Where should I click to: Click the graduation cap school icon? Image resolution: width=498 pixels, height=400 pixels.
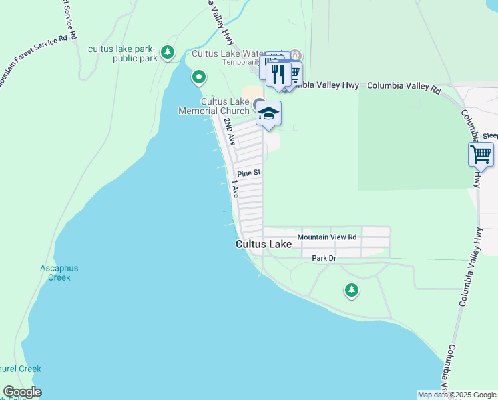269,114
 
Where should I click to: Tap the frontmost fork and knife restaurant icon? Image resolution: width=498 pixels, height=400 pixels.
279,73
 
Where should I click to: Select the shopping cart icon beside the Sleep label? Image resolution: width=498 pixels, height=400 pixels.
481,155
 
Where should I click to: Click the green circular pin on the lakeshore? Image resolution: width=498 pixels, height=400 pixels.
198,79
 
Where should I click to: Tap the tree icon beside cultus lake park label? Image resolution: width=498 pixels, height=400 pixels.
168,51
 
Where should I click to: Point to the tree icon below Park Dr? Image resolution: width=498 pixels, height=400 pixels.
352,290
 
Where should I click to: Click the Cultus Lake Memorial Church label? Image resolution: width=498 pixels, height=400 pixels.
213,106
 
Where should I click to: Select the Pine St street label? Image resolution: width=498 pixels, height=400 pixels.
249,173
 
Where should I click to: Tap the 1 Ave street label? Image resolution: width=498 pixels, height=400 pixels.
235,188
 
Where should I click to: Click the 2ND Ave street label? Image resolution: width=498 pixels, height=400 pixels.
230,132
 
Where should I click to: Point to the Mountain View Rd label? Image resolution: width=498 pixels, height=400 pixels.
327,237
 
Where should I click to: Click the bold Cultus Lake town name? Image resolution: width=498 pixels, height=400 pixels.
264,245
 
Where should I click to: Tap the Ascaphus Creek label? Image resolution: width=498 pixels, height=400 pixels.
59,273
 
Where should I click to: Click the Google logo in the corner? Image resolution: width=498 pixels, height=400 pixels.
22,392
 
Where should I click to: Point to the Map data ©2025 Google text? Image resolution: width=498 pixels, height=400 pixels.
456,395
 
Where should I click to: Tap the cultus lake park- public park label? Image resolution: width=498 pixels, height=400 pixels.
123,53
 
